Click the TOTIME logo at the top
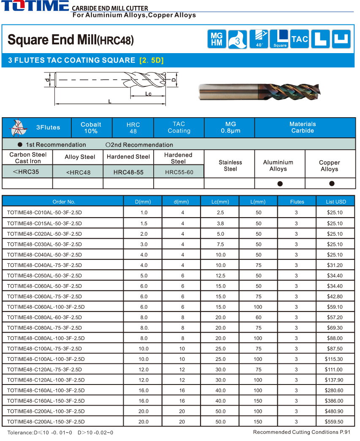[35, 6]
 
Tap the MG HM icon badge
[217, 39]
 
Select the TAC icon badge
[300, 39]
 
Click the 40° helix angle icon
[259, 39]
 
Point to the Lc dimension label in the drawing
[149, 94]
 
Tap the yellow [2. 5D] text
[151, 60]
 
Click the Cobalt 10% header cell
[91, 127]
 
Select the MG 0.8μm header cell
[230, 127]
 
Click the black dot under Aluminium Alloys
[280, 183]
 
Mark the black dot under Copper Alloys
[332, 183]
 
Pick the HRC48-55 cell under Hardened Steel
[128, 172]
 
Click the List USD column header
[336, 202]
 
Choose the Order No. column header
[64, 202]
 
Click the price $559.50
[335, 422]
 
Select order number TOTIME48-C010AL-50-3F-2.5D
[44, 213]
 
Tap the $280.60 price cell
[335, 390]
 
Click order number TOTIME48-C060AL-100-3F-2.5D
[46, 307]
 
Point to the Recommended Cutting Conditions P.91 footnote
[302, 432]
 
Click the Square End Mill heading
[70, 40]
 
